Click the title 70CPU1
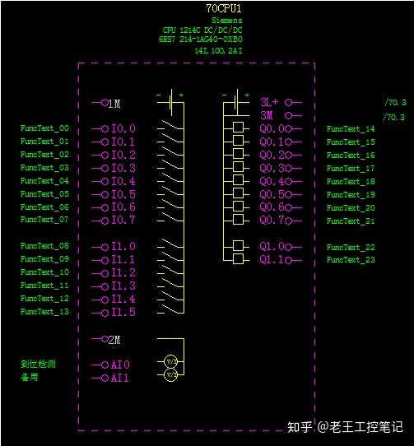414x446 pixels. pos(224,8)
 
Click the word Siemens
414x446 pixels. pos(226,19)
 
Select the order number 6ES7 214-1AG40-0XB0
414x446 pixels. pos(202,39)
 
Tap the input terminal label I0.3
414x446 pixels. pos(123,168)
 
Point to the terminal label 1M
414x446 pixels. pos(114,104)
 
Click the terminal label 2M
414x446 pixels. pos(114,339)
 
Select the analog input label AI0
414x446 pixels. pos(120,365)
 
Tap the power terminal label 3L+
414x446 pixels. pos(270,103)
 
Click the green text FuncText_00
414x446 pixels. pos(44,129)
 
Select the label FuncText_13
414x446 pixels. pos(44,312)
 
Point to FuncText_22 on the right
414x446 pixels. pos(351,247)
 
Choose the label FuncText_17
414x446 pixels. pos(351,168)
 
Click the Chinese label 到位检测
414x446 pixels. pos(38,364)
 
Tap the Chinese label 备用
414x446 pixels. pos(30,377)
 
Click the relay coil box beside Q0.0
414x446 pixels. pos(239,128)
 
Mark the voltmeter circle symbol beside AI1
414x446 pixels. pos(171,374)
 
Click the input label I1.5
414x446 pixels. pos(123,313)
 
